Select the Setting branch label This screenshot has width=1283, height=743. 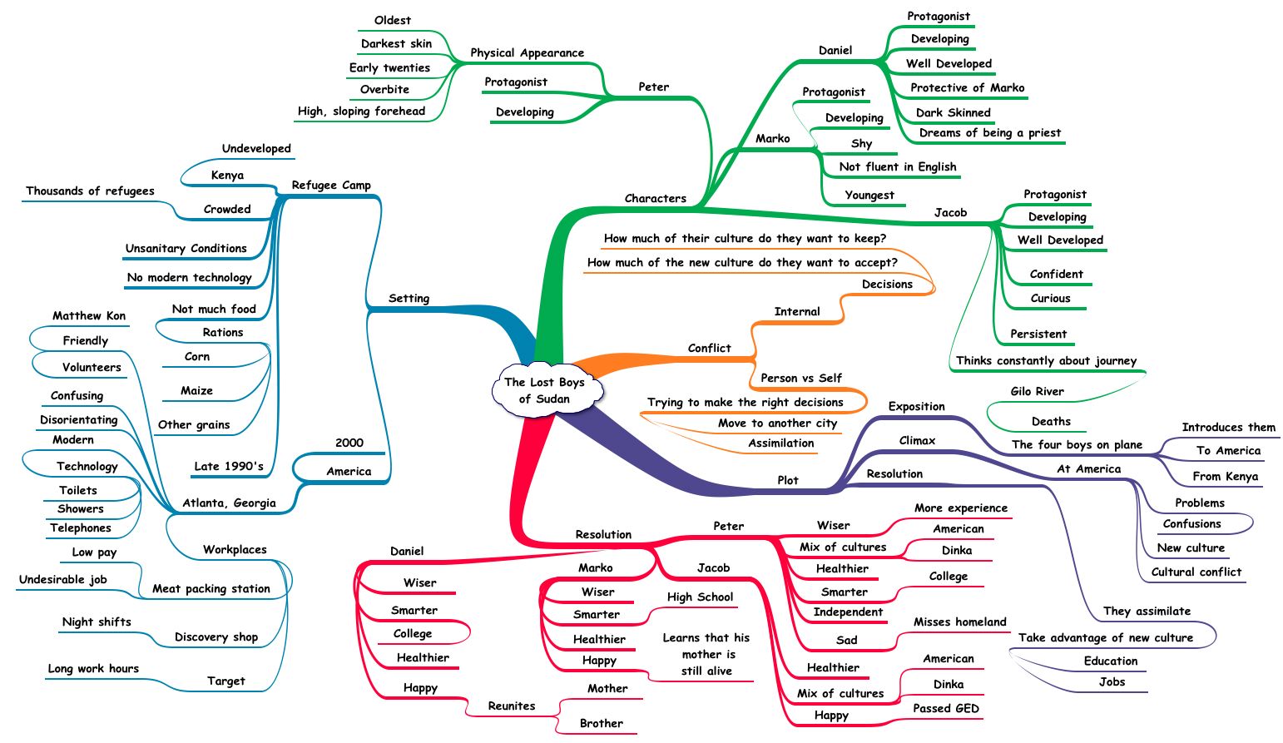409,298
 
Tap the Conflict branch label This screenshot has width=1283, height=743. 709,348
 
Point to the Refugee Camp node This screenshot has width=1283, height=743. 331,185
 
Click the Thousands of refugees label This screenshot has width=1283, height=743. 90,191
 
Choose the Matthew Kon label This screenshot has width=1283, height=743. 89,315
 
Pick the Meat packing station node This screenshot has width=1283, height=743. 211,588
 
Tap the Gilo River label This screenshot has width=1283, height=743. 1037,391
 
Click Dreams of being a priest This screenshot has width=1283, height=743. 989,132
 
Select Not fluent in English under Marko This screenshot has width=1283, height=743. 898,166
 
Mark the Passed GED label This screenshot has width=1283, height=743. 946,708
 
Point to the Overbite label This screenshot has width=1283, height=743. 384,89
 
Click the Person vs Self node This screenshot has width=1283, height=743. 801,378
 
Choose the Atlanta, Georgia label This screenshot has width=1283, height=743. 229,503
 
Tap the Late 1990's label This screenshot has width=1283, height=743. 229,466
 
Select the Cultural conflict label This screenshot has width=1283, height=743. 1196,572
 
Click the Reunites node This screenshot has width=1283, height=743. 512,706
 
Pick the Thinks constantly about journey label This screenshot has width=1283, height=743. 1046,360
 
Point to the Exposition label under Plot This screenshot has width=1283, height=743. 916,406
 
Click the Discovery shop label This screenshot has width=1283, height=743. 216,637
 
